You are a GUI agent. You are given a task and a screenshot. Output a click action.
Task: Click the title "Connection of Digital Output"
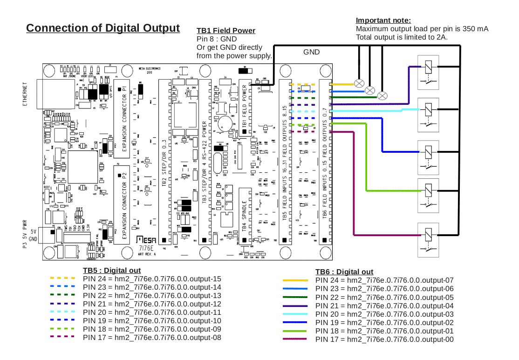point(103,28)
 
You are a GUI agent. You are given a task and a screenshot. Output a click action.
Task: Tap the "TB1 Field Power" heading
point(226,31)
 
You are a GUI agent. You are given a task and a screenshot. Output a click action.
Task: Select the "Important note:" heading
point(383,20)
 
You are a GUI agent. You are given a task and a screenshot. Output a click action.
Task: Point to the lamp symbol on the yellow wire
point(360,84)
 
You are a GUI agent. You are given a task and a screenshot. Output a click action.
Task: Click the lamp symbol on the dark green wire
point(382,96)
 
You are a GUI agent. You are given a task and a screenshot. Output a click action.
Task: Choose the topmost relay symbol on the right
point(428,67)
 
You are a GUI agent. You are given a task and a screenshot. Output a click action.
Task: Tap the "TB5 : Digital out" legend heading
point(112,271)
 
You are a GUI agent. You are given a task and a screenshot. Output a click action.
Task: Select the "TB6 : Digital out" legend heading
point(344,272)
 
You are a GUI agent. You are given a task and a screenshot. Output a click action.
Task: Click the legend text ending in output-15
point(152,278)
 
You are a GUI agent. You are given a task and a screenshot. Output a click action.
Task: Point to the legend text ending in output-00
point(384,340)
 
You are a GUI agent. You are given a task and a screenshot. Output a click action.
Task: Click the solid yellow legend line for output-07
point(295,280)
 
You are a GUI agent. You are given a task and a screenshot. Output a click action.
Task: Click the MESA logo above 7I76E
point(146,239)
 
